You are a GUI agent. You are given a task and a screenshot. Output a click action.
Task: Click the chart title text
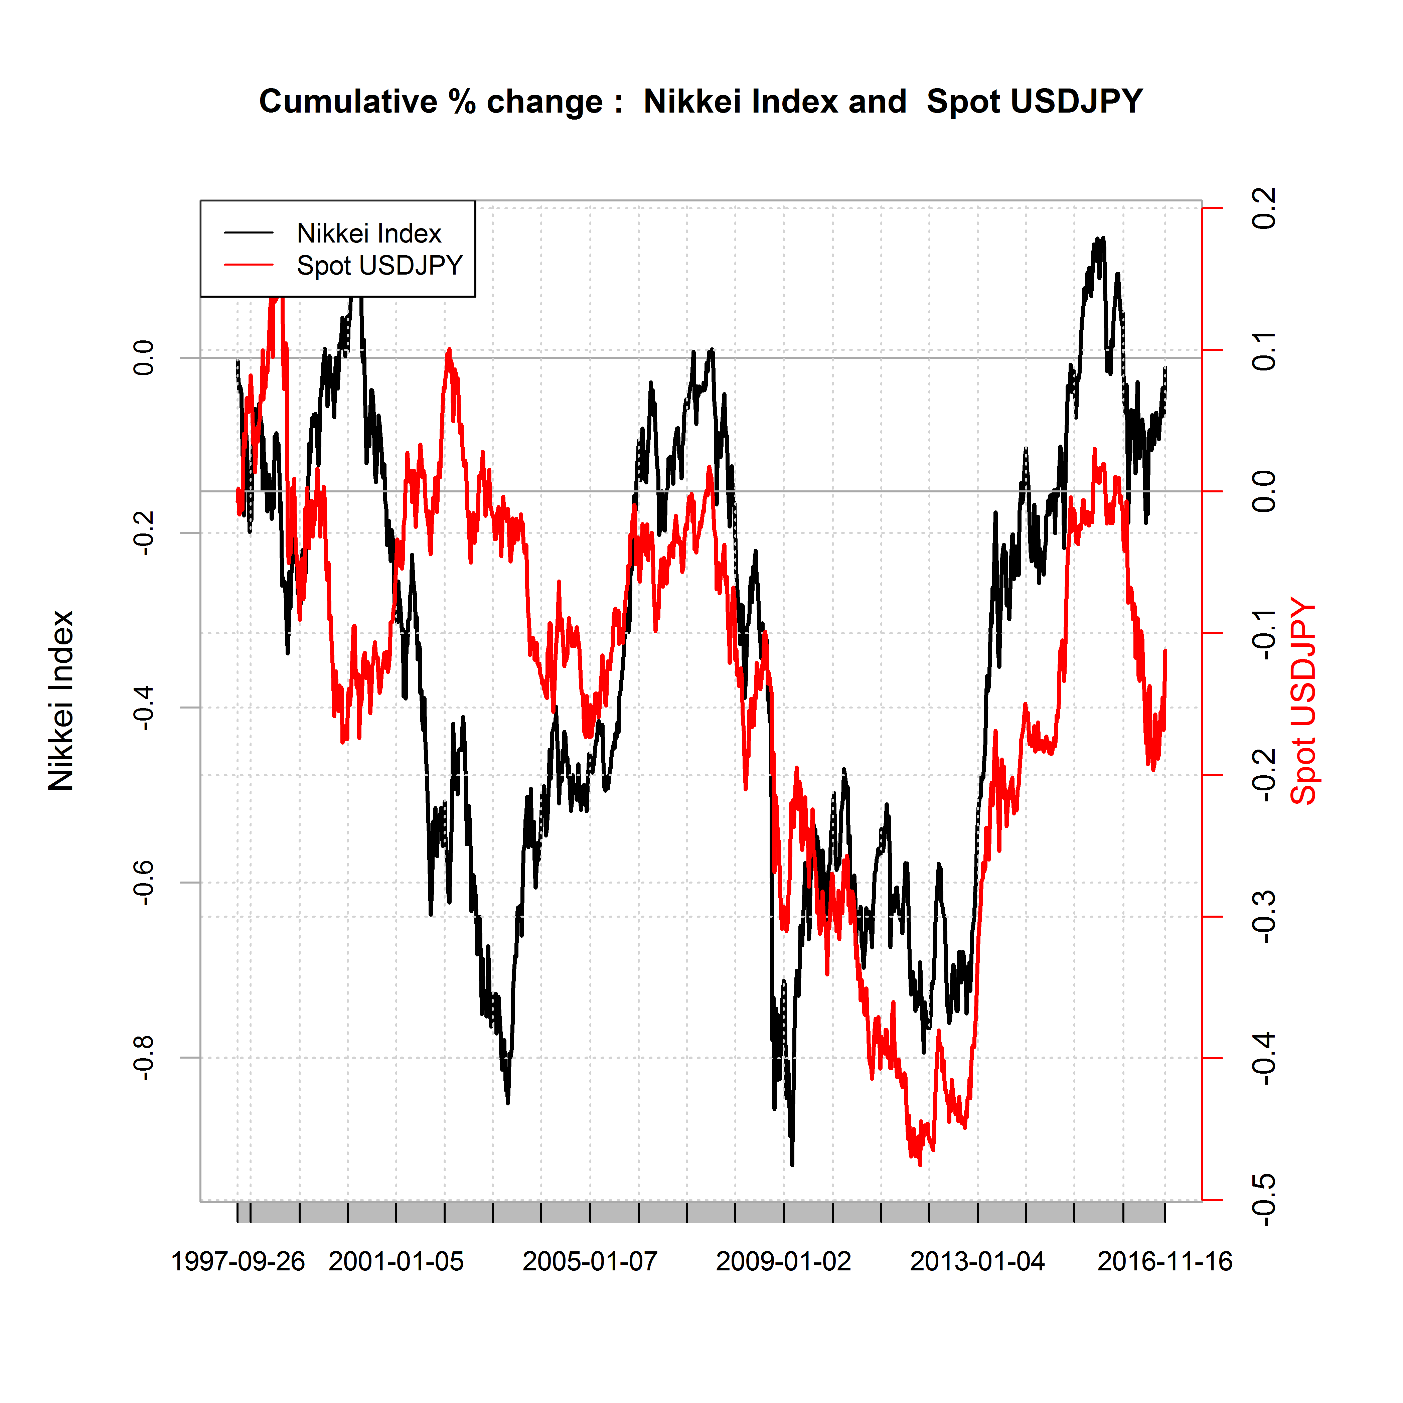(701, 102)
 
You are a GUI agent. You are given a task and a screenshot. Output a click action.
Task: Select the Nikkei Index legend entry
(369, 233)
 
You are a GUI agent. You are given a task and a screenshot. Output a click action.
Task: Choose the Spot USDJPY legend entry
(379, 266)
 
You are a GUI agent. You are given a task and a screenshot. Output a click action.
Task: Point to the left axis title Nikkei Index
(61, 701)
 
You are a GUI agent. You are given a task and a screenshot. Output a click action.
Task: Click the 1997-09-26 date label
(238, 1261)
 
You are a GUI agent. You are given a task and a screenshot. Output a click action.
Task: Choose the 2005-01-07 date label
(590, 1261)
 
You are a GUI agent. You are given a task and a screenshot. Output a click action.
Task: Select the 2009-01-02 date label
(784, 1261)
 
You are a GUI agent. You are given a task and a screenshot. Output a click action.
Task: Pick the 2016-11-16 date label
(1165, 1261)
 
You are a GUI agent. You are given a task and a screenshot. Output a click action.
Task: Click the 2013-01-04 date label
(977, 1261)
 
